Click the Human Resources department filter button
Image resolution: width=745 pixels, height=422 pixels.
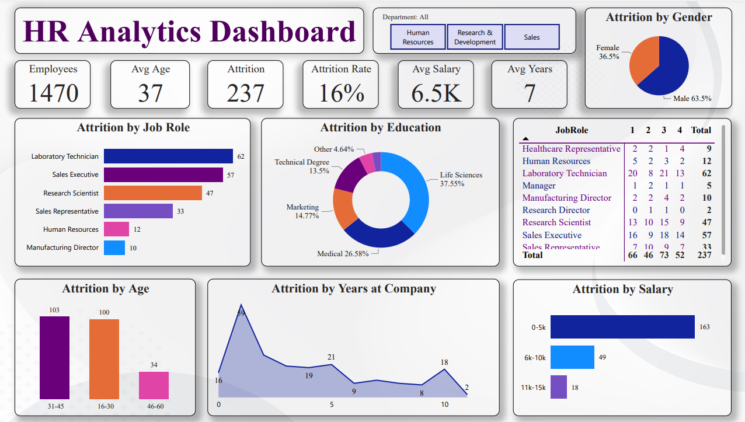[418, 37]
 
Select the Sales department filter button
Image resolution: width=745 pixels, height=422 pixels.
[531, 37]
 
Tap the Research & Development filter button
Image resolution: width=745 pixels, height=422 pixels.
[475, 37]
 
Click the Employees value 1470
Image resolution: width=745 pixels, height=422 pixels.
[53, 93]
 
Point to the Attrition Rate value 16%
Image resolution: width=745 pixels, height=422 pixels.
[342, 93]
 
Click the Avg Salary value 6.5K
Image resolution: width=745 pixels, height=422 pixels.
[436, 93]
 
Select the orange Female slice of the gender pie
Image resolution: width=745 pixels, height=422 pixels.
[643, 60]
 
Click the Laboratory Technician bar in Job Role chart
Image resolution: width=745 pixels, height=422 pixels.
[168, 156]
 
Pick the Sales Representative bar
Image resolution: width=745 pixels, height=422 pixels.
[138, 211]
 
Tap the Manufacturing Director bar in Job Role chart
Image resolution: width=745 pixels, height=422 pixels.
[114, 248]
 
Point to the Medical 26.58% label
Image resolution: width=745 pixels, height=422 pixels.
[343, 254]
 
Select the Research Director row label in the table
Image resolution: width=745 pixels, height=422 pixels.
[556, 210]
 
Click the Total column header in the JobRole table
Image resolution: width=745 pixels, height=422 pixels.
[701, 130]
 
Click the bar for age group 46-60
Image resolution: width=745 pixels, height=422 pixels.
[154, 385]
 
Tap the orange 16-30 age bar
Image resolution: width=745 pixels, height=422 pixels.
[104, 359]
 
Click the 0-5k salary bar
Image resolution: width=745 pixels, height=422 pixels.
[622, 327]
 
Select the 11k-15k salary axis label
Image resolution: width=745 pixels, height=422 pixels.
[533, 387]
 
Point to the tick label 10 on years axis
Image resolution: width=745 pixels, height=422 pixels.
[445, 404]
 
